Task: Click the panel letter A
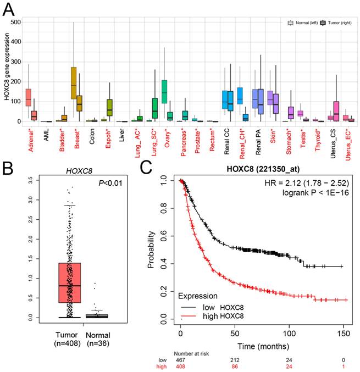click(x=9, y=8)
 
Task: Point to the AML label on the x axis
click(x=48, y=134)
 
